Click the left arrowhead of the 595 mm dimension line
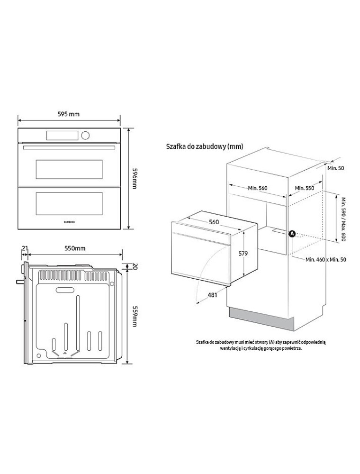coord(19,120)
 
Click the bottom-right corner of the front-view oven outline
coord(121,229)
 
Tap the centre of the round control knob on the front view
coord(85,136)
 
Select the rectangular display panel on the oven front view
coord(63,136)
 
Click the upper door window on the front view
coord(69,169)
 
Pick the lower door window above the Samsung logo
coord(69,202)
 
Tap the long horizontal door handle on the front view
coord(69,147)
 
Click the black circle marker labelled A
coord(292,233)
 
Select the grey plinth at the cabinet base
coord(261,319)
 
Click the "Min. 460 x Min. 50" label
coord(325,259)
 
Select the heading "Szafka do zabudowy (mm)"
coord(205,146)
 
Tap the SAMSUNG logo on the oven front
coord(69,221)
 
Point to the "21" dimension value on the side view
coord(25,248)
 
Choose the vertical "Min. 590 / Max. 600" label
coord(343,219)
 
